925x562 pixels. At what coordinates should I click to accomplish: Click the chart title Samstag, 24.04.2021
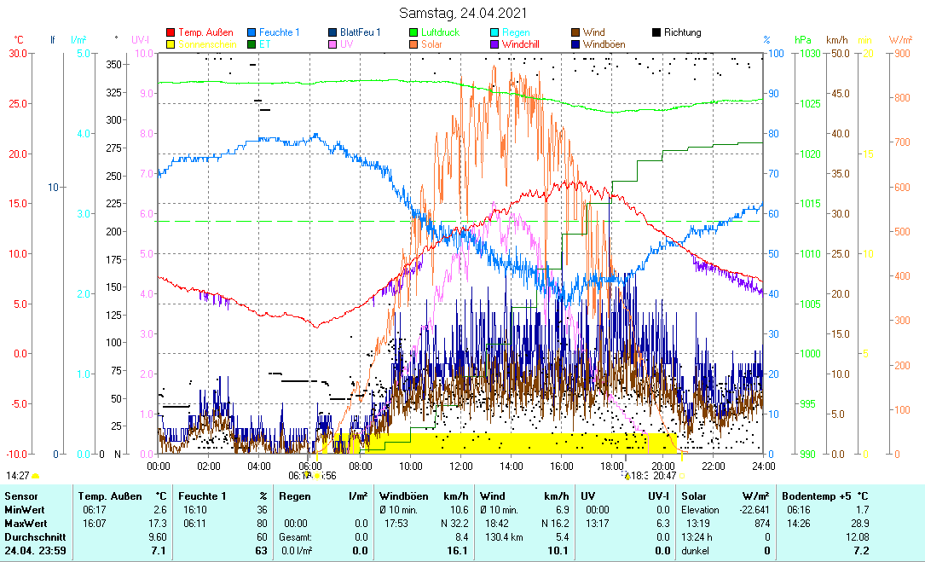pyautogui.click(x=462, y=13)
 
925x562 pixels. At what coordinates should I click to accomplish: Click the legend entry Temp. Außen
pyautogui.click(x=205, y=32)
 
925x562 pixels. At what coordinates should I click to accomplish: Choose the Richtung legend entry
pyautogui.click(x=682, y=32)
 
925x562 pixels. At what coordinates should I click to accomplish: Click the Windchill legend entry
pyautogui.click(x=532, y=43)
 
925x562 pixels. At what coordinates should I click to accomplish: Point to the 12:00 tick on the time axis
pyautogui.click(x=460, y=466)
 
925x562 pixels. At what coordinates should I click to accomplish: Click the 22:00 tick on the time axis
pyautogui.click(x=713, y=466)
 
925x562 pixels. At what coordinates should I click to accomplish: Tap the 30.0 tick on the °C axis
pyautogui.click(x=18, y=53)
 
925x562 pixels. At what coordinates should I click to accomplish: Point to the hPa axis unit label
pyautogui.click(x=803, y=39)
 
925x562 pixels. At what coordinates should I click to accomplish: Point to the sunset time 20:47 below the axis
pyautogui.click(x=665, y=476)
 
